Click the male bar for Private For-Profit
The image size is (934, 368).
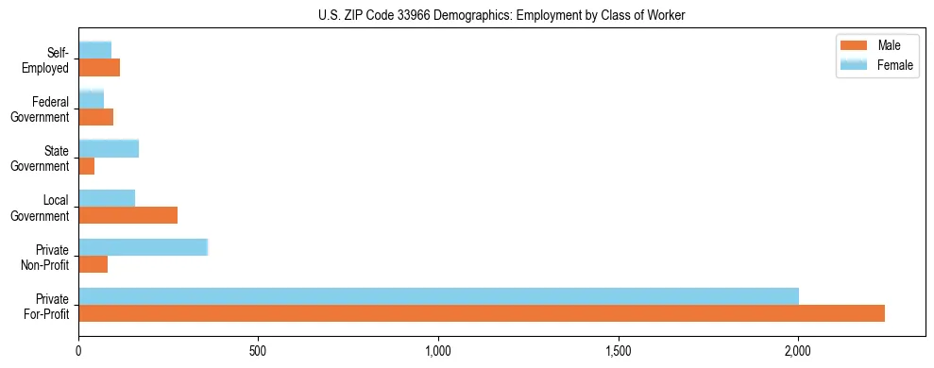click(x=482, y=313)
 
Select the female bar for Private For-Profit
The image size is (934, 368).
click(x=439, y=296)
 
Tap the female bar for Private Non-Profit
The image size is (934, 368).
click(x=144, y=247)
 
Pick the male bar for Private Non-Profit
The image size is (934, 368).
click(x=93, y=264)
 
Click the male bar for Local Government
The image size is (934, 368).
click(x=128, y=215)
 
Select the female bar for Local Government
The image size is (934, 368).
click(x=107, y=198)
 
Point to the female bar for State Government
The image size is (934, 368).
click(x=109, y=148)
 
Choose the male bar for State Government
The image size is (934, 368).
click(x=87, y=166)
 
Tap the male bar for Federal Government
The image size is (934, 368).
click(x=96, y=117)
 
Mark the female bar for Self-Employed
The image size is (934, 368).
click(x=95, y=50)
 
